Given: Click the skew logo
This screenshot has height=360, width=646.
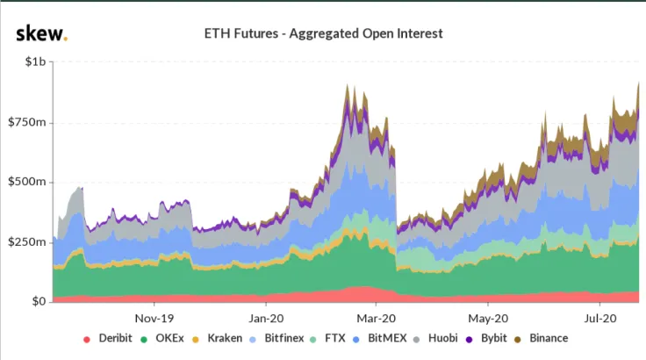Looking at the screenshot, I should pos(41,33).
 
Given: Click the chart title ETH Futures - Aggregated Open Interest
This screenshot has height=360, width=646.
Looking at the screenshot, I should pos(322,34).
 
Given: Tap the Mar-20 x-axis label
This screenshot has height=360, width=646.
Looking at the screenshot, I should pos(377,318).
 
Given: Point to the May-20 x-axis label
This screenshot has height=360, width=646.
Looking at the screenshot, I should pos(488,318).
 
